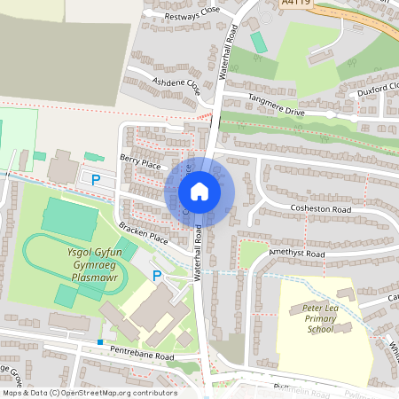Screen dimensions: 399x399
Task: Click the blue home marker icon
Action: [199, 192]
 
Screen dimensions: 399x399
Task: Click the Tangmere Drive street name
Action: [275, 105]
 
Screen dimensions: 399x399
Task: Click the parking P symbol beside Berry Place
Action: [96, 181]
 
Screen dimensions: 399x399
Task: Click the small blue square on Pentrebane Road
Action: [101, 342]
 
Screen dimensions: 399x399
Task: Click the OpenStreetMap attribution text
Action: [89, 393]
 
